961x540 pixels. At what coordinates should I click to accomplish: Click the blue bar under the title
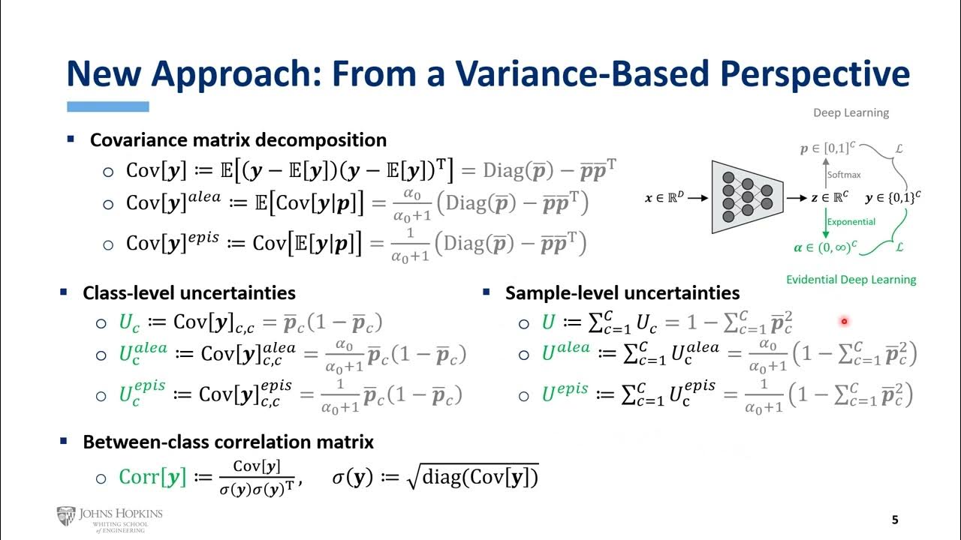pos(108,107)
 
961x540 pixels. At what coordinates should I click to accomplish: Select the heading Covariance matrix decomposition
pos(238,140)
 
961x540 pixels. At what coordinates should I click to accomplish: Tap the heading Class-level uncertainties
pos(188,293)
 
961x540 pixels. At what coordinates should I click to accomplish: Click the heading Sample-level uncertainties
pos(622,293)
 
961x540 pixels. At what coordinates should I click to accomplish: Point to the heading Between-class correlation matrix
pos(227,442)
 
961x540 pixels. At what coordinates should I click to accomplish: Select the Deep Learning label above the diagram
pos(851,113)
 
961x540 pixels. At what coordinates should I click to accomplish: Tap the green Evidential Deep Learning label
pos(851,280)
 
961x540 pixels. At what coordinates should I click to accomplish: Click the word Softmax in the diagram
pos(844,175)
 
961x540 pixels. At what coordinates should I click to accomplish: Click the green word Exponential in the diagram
pos(851,222)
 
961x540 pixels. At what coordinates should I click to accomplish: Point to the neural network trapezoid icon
pos(747,196)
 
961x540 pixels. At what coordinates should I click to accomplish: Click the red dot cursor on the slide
pos(844,322)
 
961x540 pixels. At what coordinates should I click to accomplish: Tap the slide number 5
pos(894,520)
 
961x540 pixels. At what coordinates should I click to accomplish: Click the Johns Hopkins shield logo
pos(66,516)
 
